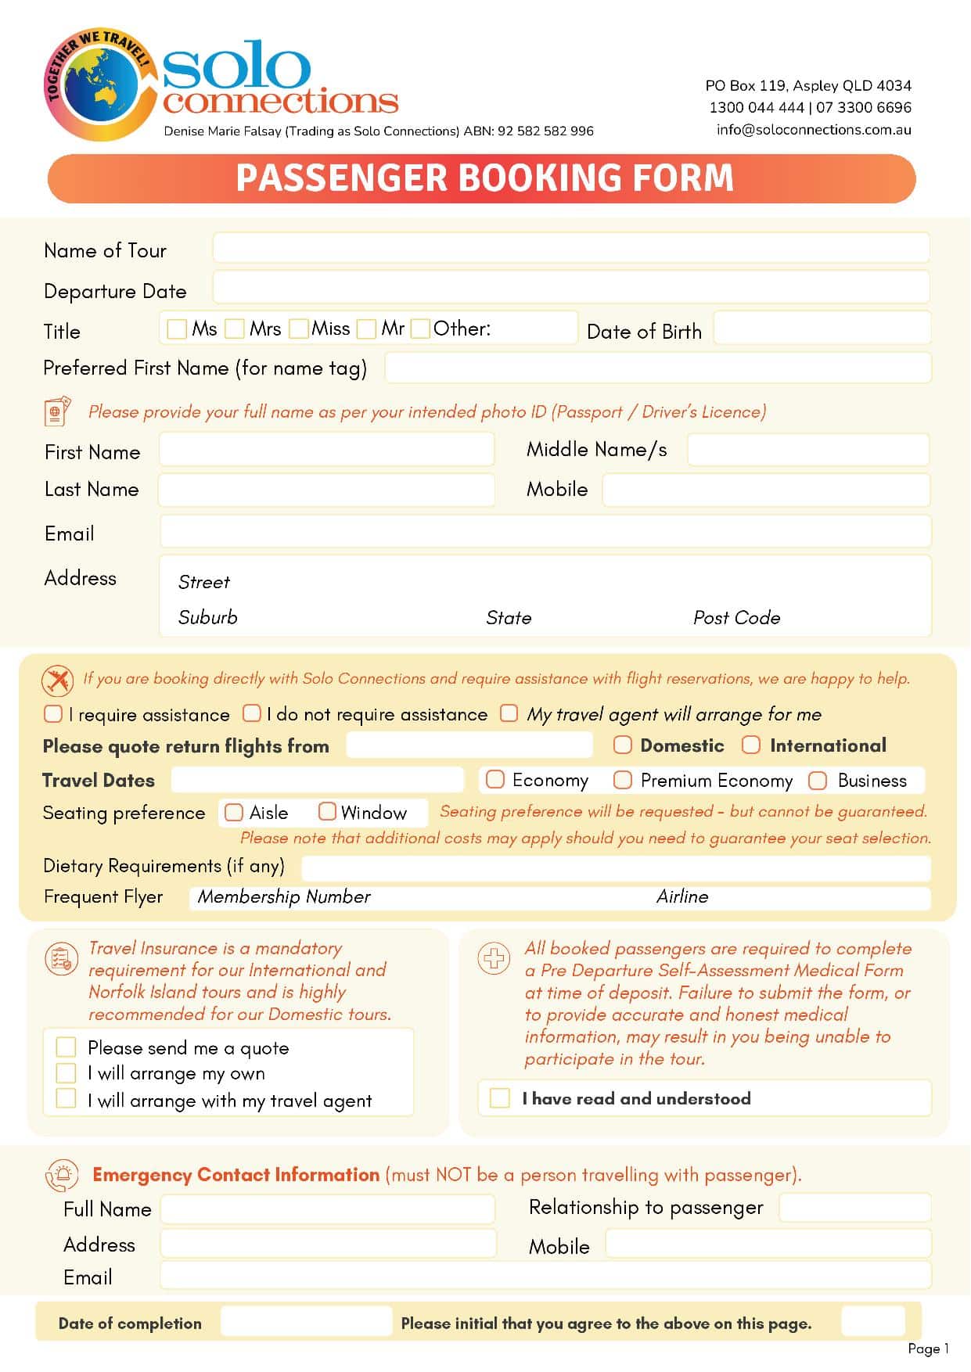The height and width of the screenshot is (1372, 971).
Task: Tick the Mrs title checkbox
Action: (x=235, y=329)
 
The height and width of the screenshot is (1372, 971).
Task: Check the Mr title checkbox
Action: (x=366, y=329)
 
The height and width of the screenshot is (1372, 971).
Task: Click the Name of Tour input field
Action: (x=570, y=248)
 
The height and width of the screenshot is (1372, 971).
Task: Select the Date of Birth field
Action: (x=822, y=329)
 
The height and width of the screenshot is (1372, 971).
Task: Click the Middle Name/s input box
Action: (x=808, y=450)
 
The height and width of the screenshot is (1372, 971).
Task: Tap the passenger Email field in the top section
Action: (x=545, y=531)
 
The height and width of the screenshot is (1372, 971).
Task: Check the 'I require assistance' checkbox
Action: (x=53, y=713)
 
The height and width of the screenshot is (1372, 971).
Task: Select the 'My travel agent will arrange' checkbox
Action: (x=509, y=713)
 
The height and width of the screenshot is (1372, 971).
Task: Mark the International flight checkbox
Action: (x=751, y=745)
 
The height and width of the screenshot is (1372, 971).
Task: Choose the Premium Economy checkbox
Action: (x=623, y=780)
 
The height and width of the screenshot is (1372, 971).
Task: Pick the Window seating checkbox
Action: (x=327, y=812)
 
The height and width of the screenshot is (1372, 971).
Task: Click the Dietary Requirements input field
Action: (x=616, y=867)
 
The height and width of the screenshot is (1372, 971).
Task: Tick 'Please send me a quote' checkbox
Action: (x=67, y=1047)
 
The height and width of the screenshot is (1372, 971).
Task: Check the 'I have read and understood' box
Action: (x=499, y=1098)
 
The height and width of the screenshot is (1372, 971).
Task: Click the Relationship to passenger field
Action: (x=854, y=1207)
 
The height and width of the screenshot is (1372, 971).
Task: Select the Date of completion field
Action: (x=306, y=1321)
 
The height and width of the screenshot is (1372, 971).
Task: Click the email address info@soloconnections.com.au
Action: (x=814, y=130)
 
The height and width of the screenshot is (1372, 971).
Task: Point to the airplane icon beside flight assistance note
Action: (x=58, y=680)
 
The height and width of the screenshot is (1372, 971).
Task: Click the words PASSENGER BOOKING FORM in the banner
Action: (x=485, y=178)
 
